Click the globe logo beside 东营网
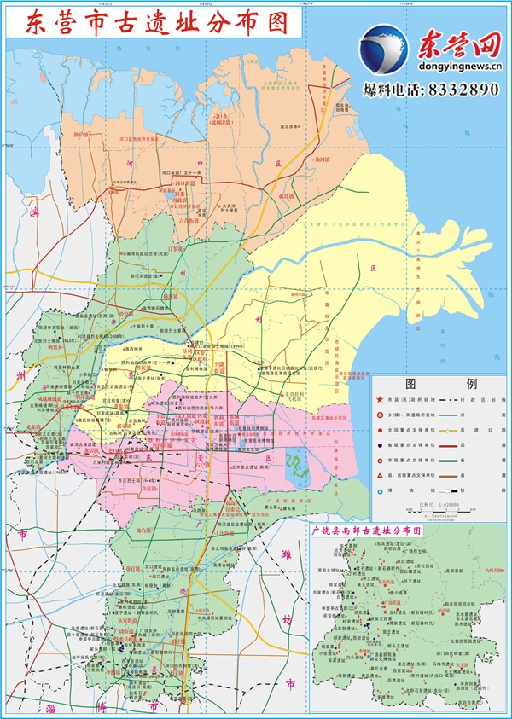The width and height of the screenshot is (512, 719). [x=383, y=49]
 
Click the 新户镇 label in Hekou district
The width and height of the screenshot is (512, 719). [x=85, y=135]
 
